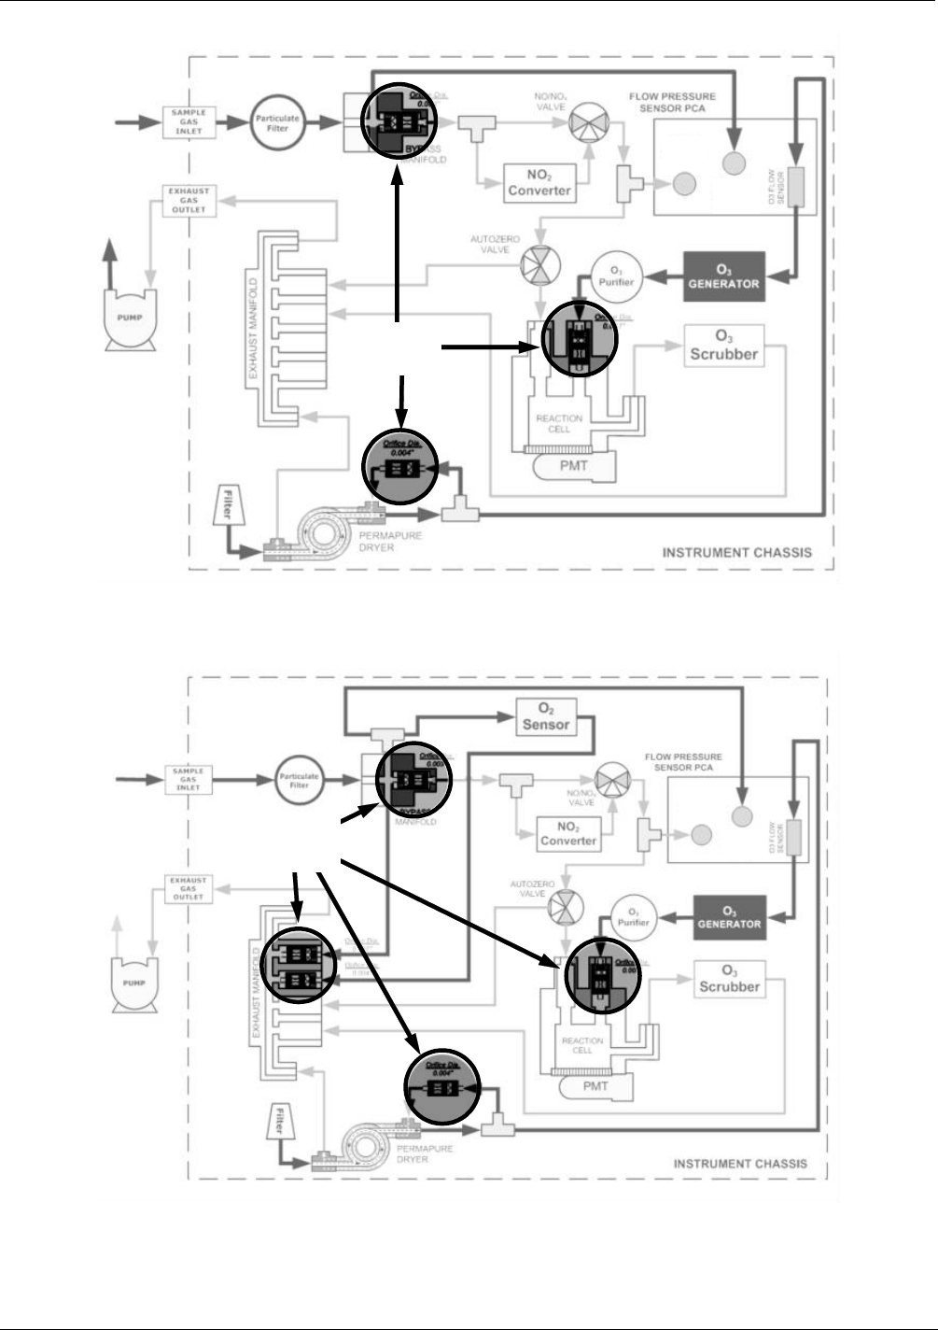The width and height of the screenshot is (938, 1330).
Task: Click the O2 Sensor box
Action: pos(546,717)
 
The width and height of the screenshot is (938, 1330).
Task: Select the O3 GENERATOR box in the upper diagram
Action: pos(724,276)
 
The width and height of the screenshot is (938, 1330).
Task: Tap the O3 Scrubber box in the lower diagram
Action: pos(730,980)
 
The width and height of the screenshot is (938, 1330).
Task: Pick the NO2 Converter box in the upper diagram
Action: pos(539,183)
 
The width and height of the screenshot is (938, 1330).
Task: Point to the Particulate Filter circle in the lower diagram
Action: pos(299,780)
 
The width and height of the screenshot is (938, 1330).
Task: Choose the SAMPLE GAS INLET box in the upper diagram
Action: pos(189,121)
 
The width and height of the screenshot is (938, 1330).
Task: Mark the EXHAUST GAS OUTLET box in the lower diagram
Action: pos(188,888)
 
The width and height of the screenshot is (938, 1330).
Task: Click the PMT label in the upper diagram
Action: pos(574,465)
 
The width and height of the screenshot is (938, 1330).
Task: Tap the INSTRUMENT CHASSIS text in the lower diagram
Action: pos(740,1164)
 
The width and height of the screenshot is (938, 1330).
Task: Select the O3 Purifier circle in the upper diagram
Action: pos(616,277)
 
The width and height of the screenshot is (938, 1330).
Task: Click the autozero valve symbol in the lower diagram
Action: pos(565,905)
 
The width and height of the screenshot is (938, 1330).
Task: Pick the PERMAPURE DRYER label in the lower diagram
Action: pos(424,1153)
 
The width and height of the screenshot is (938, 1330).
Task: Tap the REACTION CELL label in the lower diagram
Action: pos(582,1045)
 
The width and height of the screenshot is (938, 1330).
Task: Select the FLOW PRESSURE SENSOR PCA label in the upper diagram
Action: pos(672,102)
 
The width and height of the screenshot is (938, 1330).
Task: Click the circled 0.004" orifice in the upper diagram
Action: pos(400,467)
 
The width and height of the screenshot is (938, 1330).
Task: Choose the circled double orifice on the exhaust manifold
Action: pos(299,967)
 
